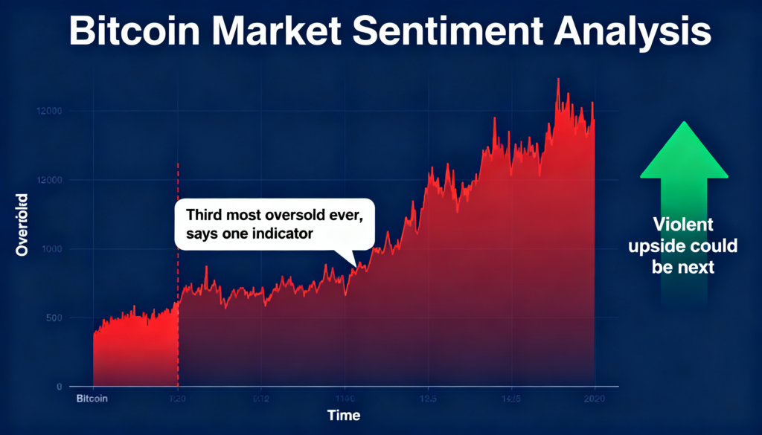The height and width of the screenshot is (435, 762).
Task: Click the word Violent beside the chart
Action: click(683, 224)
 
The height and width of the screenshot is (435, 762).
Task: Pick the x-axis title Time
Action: click(344, 415)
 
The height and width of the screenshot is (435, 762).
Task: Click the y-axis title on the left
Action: click(22, 225)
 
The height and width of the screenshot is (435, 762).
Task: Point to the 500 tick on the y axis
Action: click(54, 318)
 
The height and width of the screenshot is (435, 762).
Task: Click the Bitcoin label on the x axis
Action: click(92, 399)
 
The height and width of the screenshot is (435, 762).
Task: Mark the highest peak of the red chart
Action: click(558, 79)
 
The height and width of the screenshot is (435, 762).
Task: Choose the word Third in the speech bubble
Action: click(202, 215)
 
